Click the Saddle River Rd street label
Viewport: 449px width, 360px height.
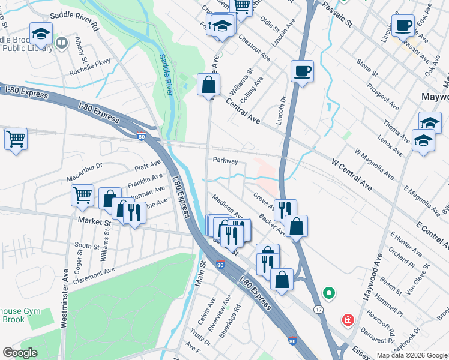(x=74, y=21)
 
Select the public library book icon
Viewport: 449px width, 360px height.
(x=61, y=43)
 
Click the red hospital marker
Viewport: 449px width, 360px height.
(x=347, y=320)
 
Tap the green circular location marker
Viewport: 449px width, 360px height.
(x=328, y=293)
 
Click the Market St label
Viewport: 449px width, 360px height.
(x=94, y=223)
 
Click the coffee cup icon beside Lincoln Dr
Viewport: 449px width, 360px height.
(x=302, y=71)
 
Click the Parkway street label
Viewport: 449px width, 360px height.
(x=225, y=161)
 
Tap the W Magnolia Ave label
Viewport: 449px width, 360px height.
(x=373, y=165)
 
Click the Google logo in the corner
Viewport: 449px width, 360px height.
(x=20, y=353)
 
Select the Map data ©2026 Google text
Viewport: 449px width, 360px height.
(x=412, y=355)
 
